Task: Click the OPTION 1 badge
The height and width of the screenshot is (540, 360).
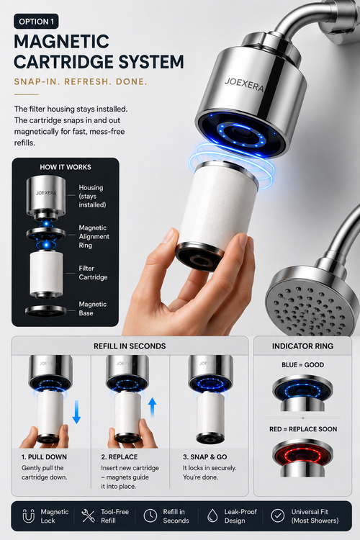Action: [36, 22]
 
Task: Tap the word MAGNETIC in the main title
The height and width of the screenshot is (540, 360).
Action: [62, 42]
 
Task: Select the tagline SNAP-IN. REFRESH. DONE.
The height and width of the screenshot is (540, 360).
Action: [81, 81]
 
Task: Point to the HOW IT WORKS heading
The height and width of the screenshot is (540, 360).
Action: [66, 167]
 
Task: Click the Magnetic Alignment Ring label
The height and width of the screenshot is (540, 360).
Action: [94, 237]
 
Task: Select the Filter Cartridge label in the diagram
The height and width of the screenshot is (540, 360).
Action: [93, 273]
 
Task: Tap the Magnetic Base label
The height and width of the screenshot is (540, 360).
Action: [93, 309]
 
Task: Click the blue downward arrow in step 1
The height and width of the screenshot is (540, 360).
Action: [76, 412]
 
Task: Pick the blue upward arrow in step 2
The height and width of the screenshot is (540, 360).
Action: [152, 408]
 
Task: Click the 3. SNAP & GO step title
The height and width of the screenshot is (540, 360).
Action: [205, 457]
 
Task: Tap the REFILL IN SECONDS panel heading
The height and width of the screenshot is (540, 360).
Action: [130, 346]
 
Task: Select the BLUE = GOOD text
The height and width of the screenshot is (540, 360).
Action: [303, 365]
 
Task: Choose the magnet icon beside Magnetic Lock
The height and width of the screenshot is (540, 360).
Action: [28, 516]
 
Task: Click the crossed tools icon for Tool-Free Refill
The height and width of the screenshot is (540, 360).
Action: [88, 516]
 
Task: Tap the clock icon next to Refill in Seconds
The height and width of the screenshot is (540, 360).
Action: [150, 516]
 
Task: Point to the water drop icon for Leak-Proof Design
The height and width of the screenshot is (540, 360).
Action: [212, 516]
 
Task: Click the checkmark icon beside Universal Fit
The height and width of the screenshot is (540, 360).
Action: [278, 516]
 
